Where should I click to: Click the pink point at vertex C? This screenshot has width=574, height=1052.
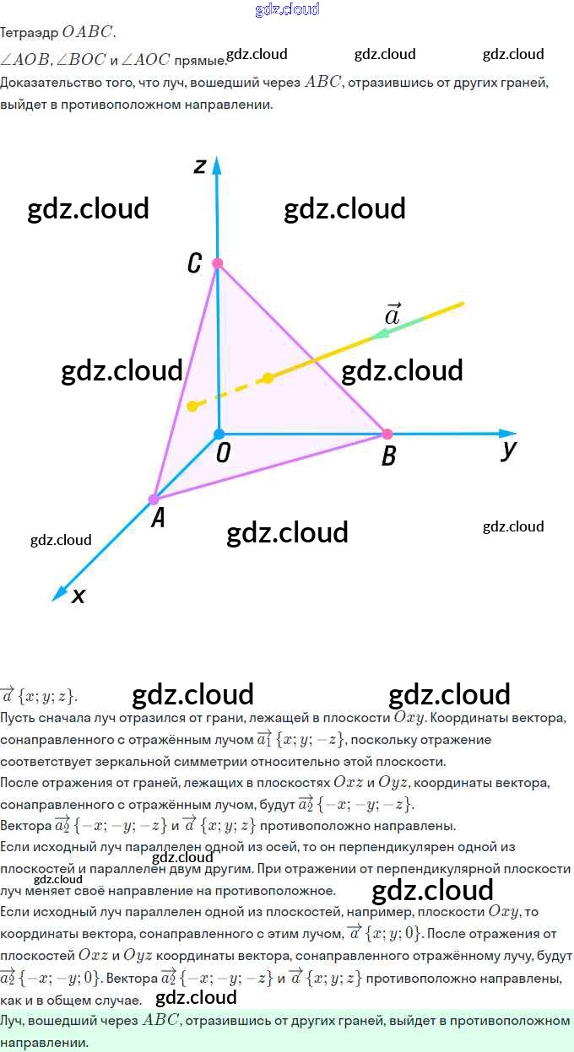217,263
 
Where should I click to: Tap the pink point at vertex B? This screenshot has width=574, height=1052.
387,434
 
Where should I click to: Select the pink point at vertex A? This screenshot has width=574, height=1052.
154,499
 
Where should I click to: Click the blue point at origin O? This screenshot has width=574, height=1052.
219,434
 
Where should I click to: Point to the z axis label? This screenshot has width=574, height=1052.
199,165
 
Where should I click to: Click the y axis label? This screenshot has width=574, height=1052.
508,450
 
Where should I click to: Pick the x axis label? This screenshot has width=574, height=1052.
79,596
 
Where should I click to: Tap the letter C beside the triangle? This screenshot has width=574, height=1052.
194,264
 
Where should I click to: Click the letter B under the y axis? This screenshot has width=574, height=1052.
388,456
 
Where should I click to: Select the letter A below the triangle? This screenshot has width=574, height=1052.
157,519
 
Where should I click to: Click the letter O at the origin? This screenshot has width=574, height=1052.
223,454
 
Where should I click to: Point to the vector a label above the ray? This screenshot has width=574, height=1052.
393,314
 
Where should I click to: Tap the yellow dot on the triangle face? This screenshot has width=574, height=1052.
268,378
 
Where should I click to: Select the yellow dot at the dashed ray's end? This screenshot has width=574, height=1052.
192,406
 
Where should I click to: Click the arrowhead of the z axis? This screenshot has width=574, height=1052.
217,163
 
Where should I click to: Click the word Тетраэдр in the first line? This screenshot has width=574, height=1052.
30,33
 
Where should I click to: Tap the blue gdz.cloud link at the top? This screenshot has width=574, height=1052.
287,9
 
